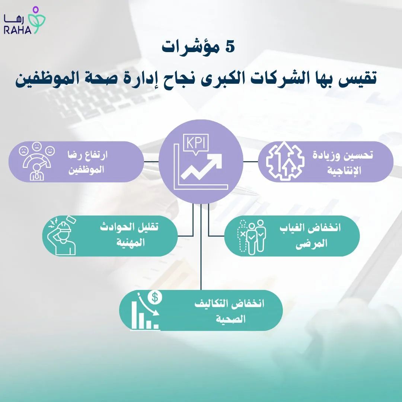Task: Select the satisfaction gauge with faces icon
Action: click(38, 162)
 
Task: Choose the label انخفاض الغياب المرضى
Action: click(310, 236)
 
